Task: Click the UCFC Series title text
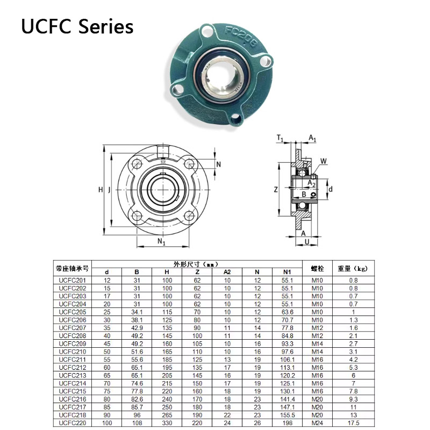[77, 26]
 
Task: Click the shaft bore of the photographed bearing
[222, 75]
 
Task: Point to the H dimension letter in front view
[101, 190]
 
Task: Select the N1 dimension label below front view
[161, 241]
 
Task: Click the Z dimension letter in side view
[276, 189]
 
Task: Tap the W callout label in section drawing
[324, 161]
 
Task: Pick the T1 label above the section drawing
[280, 139]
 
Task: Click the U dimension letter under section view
[307, 242]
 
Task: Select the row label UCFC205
[72, 312]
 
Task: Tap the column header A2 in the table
[227, 272]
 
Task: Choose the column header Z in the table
[197, 272]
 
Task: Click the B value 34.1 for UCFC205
[137, 312]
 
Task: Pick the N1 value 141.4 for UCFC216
[287, 400]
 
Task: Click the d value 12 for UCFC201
[106, 280]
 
